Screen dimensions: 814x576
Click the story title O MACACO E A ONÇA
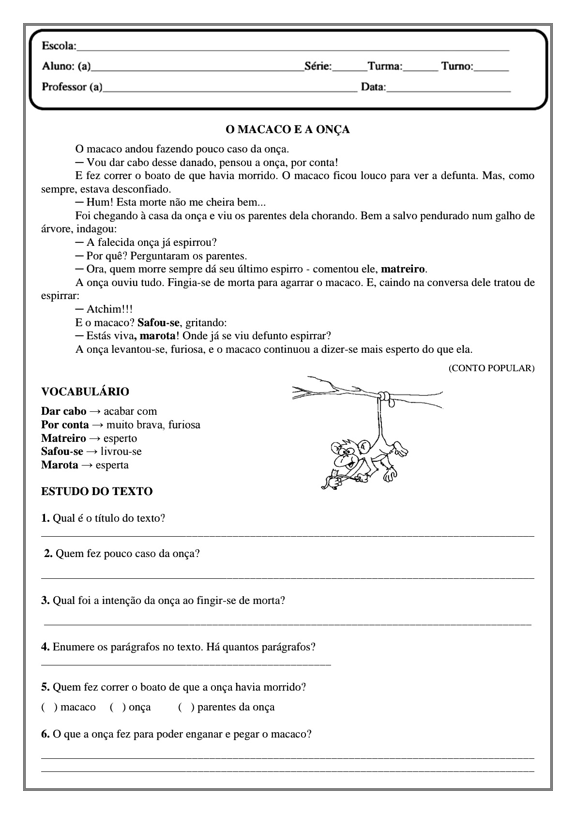pos(288,130)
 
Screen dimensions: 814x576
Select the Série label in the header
pos(318,66)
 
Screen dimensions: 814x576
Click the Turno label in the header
pos(457,66)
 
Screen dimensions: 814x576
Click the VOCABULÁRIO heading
pos(85,392)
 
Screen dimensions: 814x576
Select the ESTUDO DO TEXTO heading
pos(97,491)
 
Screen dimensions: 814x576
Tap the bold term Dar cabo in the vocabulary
pos(64,411)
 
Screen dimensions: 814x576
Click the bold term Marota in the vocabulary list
pos(60,465)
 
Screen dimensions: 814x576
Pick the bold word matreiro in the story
pos(403,269)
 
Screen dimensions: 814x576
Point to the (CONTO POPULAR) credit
pos(491,368)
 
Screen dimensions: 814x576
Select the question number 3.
pos(45,601)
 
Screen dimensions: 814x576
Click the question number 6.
pos(45,734)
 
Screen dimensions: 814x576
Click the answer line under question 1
pos(288,535)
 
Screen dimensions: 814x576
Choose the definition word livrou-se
pos(121,452)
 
